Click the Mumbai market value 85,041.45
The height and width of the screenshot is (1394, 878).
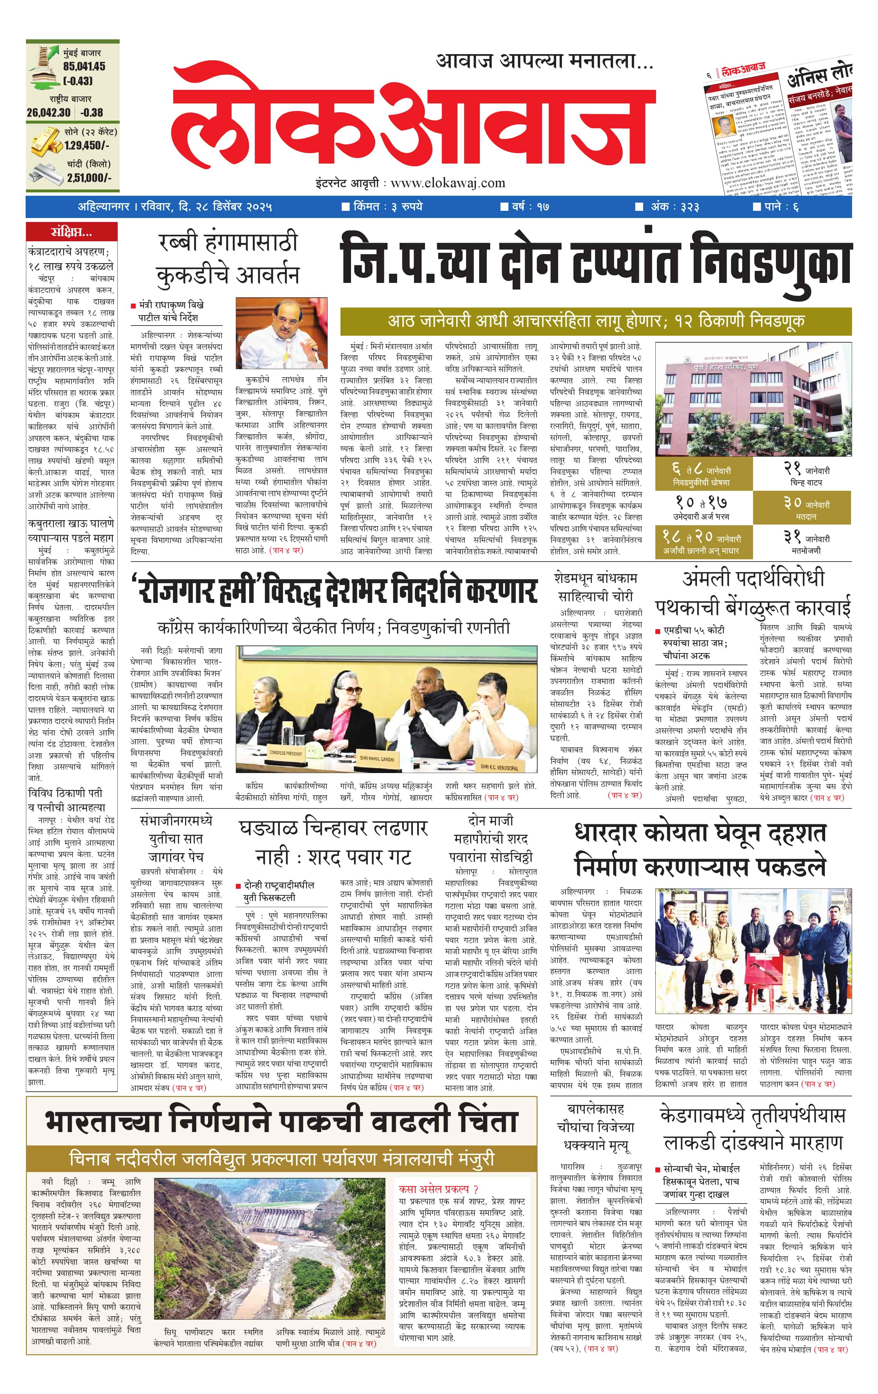[x=84, y=67]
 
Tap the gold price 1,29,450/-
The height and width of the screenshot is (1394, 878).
[x=87, y=146]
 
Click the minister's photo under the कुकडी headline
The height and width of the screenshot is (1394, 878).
[x=281, y=333]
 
